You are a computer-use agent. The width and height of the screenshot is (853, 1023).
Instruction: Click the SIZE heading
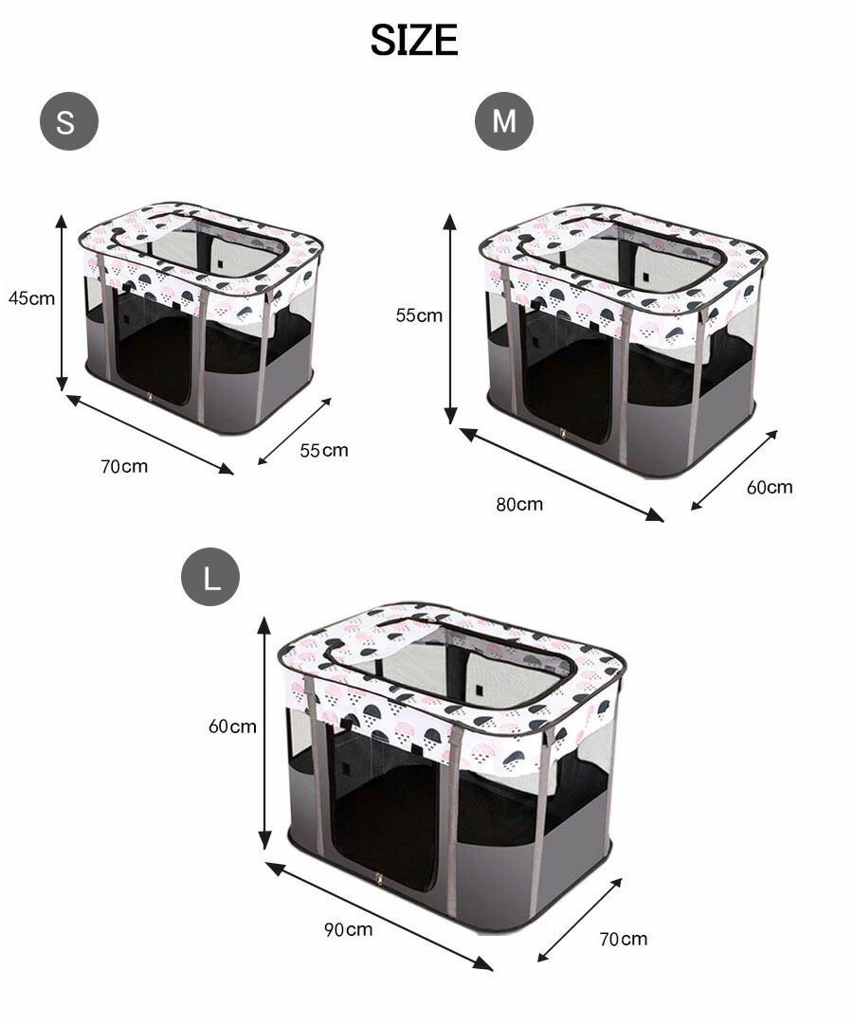pyautogui.click(x=414, y=40)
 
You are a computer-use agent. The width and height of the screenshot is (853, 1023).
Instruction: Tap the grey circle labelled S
pyautogui.click(x=68, y=121)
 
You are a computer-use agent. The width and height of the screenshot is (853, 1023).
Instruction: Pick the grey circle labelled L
pyautogui.click(x=210, y=577)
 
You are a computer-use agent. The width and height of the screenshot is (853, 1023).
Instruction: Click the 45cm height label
pyautogui.click(x=31, y=298)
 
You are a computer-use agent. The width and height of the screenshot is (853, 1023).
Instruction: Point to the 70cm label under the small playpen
pyautogui.click(x=124, y=466)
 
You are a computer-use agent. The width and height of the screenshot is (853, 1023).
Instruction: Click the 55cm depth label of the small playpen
pyautogui.click(x=324, y=450)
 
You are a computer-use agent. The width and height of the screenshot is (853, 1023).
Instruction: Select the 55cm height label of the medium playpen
pyautogui.click(x=419, y=315)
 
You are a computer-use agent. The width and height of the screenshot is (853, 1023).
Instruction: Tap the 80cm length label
pyautogui.click(x=519, y=504)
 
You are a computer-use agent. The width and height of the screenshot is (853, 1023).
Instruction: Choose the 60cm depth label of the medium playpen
pyautogui.click(x=770, y=488)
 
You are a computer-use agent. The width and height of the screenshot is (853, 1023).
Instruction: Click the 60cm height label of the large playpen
pyautogui.click(x=232, y=727)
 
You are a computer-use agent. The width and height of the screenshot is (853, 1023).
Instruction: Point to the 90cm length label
pyautogui.click(x=349, y=929)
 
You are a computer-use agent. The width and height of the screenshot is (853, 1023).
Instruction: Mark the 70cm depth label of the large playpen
pyautogui.click(x=624, y=939)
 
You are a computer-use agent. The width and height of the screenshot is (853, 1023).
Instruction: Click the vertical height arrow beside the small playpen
pyautogui.click(x=62, y=302)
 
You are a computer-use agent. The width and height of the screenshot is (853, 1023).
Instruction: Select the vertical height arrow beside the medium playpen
pyautogui.click(x=449, y=318)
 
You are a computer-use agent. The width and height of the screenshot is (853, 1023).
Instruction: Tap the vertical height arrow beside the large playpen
pyautogui.click(x=263, y=732)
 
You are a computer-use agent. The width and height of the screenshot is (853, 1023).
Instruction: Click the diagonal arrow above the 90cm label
pyautogui.click(x=379, y=916)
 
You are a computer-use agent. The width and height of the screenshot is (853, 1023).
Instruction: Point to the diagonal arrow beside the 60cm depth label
pyautogui.click(x=735, y=470)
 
